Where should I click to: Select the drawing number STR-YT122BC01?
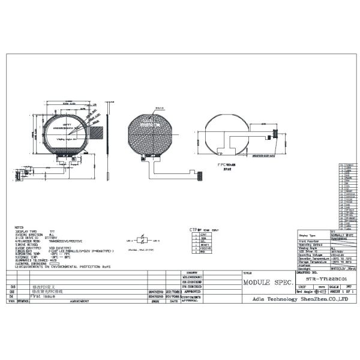[x=326, y=278]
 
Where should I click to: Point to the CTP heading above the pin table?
[x=194, y=229]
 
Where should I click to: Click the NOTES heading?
[x=19, y=227]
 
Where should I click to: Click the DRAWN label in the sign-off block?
[x=190, y=272]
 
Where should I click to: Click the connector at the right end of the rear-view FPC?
[x=276, y=133]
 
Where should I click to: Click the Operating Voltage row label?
[x=313, y=254]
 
